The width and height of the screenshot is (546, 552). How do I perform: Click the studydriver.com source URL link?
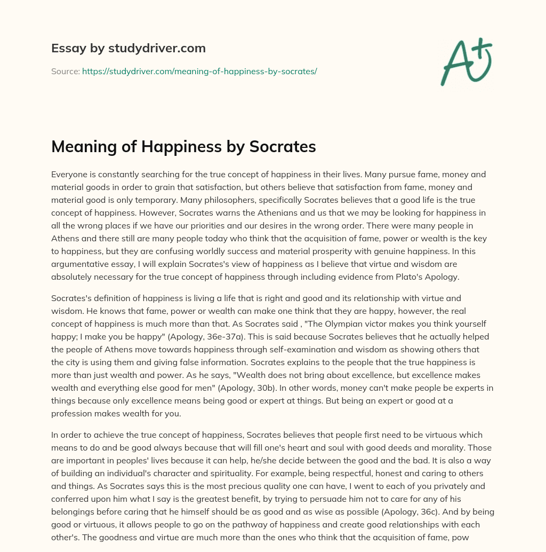click(199, 71)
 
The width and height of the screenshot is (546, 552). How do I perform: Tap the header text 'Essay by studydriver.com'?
click(128, 48)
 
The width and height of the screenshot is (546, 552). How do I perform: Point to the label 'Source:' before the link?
click(65, 71)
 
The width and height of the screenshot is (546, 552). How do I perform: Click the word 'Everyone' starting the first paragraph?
click(68, 175)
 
